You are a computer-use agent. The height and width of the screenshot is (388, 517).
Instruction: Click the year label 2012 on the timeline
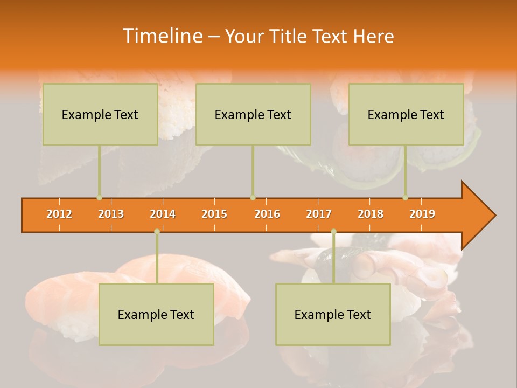tap(59, 214)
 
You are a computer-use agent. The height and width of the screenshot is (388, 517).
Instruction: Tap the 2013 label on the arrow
tap(111, 214)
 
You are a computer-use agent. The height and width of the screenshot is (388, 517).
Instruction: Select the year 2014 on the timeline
tap(163, 214)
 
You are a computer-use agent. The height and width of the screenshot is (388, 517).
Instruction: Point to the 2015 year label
tap(214, 214)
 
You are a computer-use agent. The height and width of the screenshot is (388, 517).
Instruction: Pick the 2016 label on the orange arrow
tap(267, 214)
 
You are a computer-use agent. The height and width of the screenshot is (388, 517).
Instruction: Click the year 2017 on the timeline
tap(319, 214)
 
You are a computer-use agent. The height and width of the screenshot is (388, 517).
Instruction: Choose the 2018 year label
tap(371, 214)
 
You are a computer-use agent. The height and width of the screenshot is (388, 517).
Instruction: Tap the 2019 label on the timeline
tap(422, 214)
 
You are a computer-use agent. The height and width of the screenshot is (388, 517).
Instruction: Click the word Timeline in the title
tap(162, 36)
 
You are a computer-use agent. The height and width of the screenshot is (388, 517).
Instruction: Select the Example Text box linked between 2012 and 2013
tap(100, 114)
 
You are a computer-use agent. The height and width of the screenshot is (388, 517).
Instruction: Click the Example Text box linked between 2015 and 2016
tap(253, 114)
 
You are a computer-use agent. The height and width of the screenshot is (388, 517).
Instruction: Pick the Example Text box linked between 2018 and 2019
tap(406, 114)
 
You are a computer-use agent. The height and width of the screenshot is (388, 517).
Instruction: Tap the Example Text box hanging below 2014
tap(156, 314)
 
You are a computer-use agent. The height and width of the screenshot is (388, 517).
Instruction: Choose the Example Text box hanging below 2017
tap(333, 314)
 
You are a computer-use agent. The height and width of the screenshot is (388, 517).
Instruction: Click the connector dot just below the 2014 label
tap(157, 231)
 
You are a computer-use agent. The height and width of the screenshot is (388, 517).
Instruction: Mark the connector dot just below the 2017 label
tap(333, 231)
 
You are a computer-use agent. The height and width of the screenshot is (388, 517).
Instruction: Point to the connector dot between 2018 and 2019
tap(405, 198)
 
